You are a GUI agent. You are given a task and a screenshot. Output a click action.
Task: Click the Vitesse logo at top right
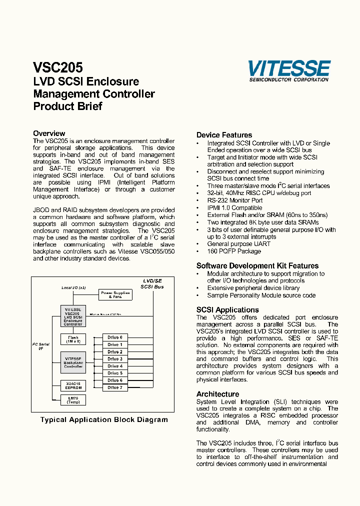point(289,70)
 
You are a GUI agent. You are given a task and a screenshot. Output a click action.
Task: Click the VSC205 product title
point(58,67)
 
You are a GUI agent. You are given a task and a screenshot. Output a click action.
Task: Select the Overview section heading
point(49,133)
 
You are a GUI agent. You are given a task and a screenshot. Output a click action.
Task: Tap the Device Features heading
point(224,135)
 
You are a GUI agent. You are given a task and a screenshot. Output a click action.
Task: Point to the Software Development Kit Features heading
point(257,266)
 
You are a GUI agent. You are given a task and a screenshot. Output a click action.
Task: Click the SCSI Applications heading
point(227,310)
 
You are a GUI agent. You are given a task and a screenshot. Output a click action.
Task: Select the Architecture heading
point(217,394)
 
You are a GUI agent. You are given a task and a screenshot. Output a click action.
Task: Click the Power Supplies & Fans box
point(115,295)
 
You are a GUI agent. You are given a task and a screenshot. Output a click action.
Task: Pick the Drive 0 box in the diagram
point(114,337)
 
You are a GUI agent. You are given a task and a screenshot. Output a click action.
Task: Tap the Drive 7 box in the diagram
point(114,387)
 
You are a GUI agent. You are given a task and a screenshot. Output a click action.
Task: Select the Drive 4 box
point(114,366)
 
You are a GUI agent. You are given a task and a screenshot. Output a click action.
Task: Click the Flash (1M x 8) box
point(72,339)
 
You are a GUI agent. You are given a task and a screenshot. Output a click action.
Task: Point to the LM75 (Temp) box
point(72,400)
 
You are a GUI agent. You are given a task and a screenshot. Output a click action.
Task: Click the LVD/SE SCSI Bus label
point(151,284)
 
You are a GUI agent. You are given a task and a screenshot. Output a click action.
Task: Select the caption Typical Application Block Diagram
point(104,420)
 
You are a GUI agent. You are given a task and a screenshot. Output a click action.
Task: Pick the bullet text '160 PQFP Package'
point(234,251)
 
